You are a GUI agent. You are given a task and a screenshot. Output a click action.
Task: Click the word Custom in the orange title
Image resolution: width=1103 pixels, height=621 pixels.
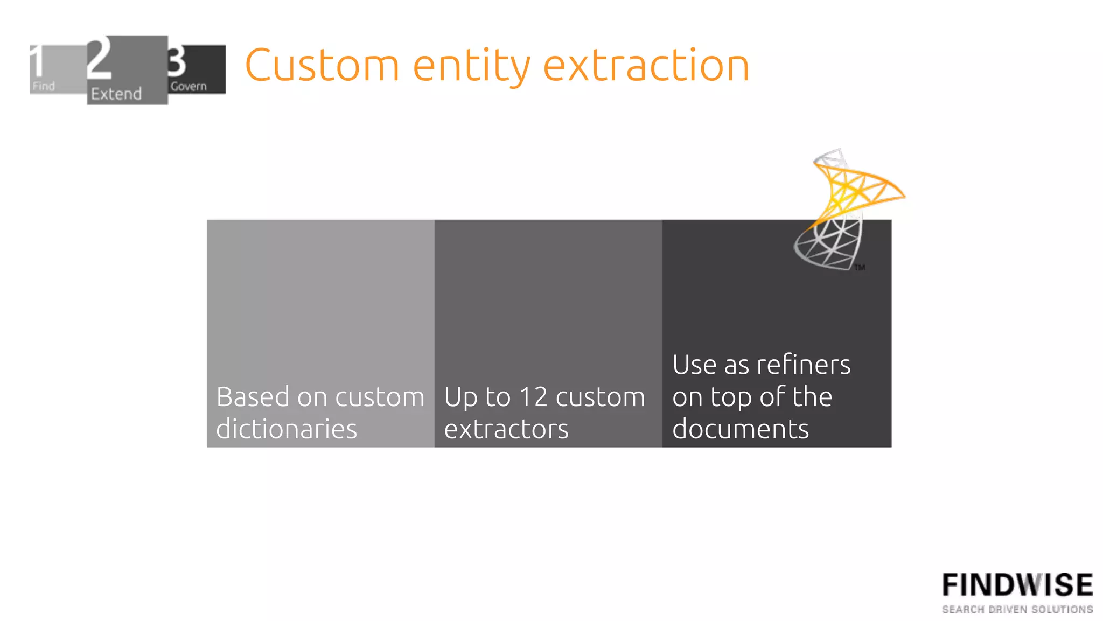pos(322,65)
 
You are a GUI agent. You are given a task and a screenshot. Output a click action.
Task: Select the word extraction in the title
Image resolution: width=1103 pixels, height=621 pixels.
pos(646,65)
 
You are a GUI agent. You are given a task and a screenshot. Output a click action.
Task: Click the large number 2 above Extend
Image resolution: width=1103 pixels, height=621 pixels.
pos(100,58)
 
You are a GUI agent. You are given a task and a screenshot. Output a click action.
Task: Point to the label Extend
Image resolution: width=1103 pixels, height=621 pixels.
pos(116,94)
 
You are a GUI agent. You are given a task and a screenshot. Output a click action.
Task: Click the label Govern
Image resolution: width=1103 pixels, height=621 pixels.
pos(189,86)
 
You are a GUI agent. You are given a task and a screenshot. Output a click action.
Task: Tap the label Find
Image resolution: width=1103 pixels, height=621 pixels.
pos(44,86)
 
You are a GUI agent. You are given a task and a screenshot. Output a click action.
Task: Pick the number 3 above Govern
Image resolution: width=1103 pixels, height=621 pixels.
pos(177,61)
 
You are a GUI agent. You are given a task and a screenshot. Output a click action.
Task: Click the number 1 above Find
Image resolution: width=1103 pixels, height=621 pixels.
pos(37,61)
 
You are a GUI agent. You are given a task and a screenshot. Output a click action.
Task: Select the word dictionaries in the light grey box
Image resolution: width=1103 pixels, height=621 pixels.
pos(287,429)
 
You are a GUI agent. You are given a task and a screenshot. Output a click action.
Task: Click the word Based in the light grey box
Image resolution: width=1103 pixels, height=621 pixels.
pos(253,397)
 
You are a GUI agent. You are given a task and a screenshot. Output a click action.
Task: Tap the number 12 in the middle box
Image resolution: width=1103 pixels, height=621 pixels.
pos(533,397)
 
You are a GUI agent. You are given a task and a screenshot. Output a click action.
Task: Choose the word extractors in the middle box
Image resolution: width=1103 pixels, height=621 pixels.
pos(506,429)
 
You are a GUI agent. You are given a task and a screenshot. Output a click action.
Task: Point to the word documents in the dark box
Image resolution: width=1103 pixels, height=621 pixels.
pos(741,429)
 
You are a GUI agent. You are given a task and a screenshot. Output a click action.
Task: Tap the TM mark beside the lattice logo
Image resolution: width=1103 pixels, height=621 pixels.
pos(860,267)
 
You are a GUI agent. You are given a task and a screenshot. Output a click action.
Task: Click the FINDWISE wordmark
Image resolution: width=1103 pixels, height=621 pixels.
pos(1017,585)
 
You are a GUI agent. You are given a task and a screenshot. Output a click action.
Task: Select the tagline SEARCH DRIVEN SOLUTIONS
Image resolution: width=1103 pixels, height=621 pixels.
pos(1017,609)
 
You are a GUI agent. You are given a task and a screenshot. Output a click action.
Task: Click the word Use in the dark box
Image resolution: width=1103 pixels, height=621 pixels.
pos(695,365)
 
